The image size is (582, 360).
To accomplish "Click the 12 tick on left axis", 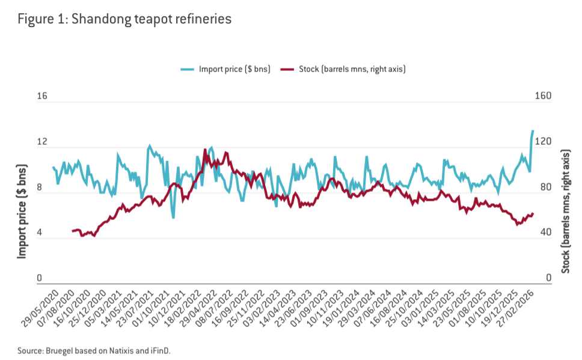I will [x=42, y=142].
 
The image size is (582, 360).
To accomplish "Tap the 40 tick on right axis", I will [x=540, y=233].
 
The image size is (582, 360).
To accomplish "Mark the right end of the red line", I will [x=533, y=214].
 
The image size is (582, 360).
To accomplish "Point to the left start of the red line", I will [x=73, y=231].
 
